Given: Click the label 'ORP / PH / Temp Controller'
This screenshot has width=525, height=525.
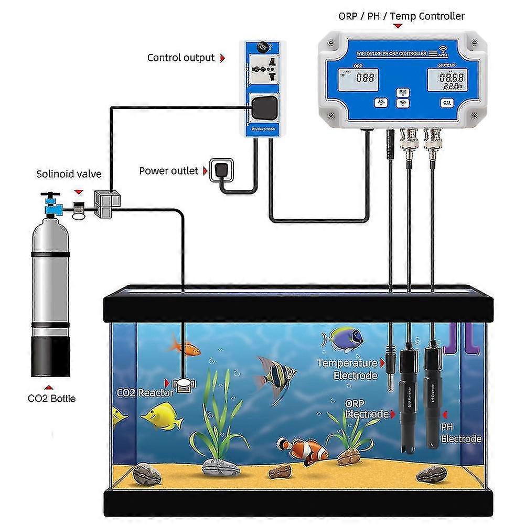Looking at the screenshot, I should point(401,16).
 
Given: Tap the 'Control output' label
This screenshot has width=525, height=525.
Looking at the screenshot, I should point(180,58).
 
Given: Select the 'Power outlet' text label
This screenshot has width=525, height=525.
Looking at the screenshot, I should point(168,171).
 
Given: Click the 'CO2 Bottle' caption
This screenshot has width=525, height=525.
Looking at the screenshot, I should point(51,399).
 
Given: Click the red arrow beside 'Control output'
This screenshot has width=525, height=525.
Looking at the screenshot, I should point(222,58).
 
